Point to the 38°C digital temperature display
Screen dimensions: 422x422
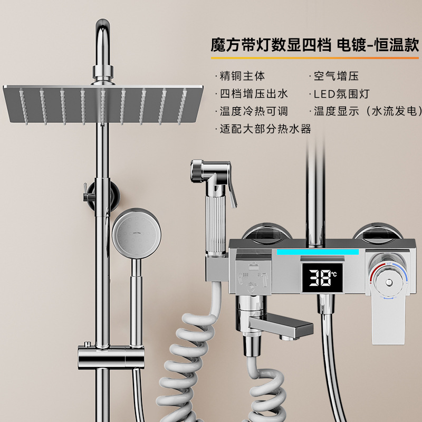319,274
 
